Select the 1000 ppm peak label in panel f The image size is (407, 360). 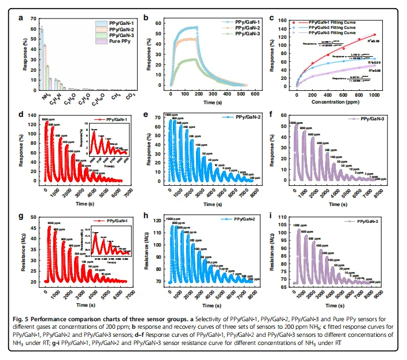point(296,123)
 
